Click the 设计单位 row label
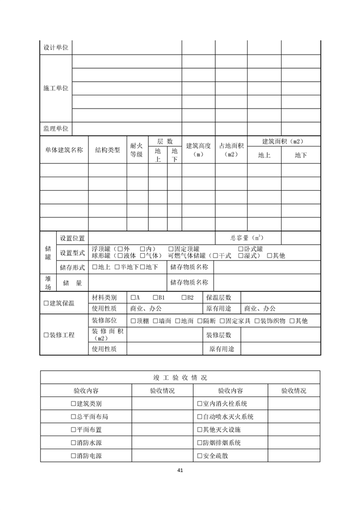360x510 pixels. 56,48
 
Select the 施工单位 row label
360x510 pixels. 56,89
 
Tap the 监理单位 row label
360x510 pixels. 56,129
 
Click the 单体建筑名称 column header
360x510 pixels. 64,150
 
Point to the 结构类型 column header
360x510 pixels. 107,150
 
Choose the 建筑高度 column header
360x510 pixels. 198,150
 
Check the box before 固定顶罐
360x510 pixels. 171,249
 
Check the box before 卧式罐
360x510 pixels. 240,249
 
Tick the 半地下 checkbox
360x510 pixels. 117,267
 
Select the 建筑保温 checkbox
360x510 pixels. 46,303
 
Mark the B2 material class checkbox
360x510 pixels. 184,297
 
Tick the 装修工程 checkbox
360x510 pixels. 46,335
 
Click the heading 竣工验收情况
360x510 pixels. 180,377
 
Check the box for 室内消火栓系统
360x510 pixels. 198,404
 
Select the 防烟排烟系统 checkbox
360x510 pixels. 198,442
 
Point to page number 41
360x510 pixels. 180,470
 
